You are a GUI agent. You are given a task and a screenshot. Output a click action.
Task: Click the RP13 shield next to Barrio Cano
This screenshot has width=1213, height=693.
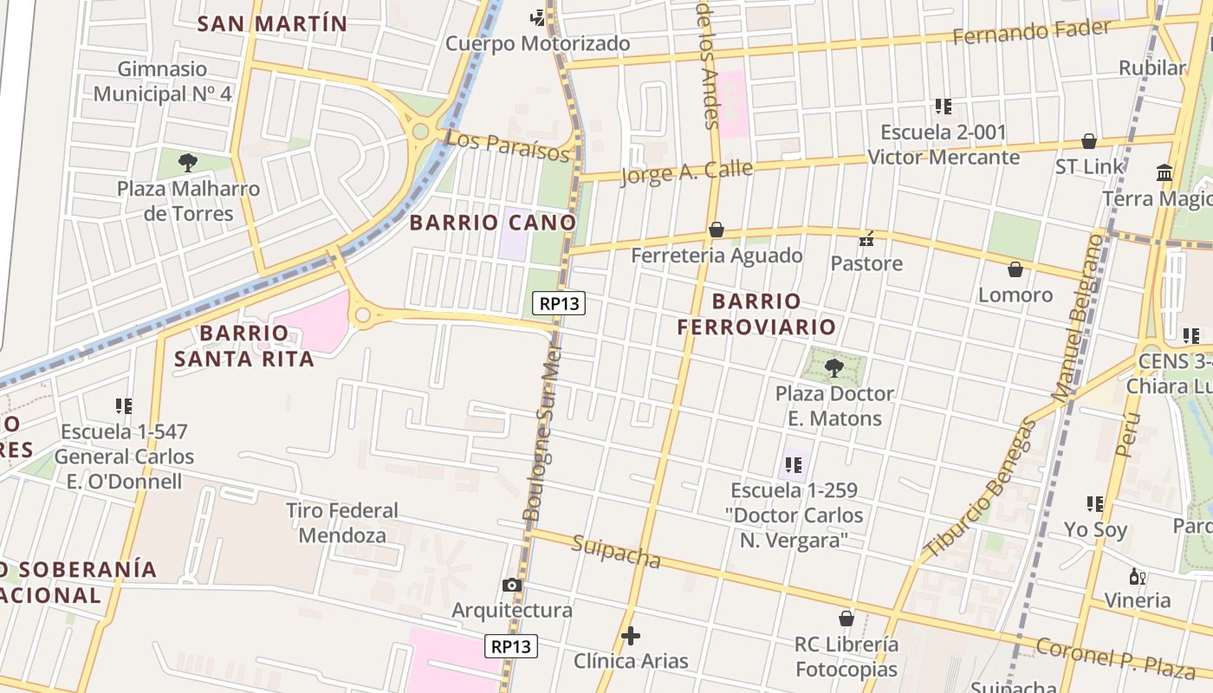pyautogui.click(x=559, y=303)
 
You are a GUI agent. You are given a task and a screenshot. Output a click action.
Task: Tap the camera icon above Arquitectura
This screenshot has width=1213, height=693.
pyautogui.click(x=512, y=585)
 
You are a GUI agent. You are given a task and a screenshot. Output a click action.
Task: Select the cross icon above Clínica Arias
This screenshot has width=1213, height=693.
pyautogui.click(x=631, y=636)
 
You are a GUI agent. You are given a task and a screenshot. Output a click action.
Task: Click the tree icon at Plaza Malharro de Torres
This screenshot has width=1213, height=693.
pyautogui.click(x=187, y=162)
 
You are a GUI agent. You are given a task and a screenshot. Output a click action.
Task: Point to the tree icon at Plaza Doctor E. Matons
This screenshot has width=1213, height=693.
pyautogui.click(x=834, y=368)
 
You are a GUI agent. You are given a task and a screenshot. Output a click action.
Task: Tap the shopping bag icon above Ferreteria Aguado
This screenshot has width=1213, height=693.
pyautogui.click(x=717, y=230)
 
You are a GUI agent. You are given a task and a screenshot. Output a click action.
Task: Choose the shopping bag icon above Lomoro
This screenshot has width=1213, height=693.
pyautogui.click(x=1015, y=269)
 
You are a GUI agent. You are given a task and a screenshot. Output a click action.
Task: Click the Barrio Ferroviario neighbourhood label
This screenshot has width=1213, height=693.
pyautogui.click(x=756, y=314)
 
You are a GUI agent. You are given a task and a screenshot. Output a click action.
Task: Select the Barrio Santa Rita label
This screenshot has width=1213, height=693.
pyautogui.click(x=244, y=346)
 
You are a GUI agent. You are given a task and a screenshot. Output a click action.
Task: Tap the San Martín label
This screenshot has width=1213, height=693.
pyautogui.click(x=272, y=23)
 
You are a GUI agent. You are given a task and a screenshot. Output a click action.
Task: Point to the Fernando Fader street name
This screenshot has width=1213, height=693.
pyautogui.click(x=1031, y=33)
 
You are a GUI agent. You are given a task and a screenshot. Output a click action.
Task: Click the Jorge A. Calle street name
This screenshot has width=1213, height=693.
pyautogui.click(x=686, y=172)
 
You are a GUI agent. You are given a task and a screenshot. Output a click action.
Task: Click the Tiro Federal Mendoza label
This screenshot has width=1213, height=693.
pyautogui.click(x=342, y=522)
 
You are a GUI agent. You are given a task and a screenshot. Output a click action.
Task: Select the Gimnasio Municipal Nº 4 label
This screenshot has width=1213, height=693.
pyautogui.click(x=163, y=81)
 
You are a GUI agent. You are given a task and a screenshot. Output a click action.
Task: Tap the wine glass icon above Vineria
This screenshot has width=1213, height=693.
pyautogui.click(x=1137, y=576)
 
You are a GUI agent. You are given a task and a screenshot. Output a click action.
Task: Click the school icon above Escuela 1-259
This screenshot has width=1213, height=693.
pyautogui.click(x=793, y=465)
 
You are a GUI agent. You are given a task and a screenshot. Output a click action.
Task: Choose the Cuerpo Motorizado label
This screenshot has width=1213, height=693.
pyautogui.click(x=537, y=43)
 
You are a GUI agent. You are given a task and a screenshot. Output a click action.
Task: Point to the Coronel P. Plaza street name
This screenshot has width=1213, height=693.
pyautogui.click(x=1116, y=657)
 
